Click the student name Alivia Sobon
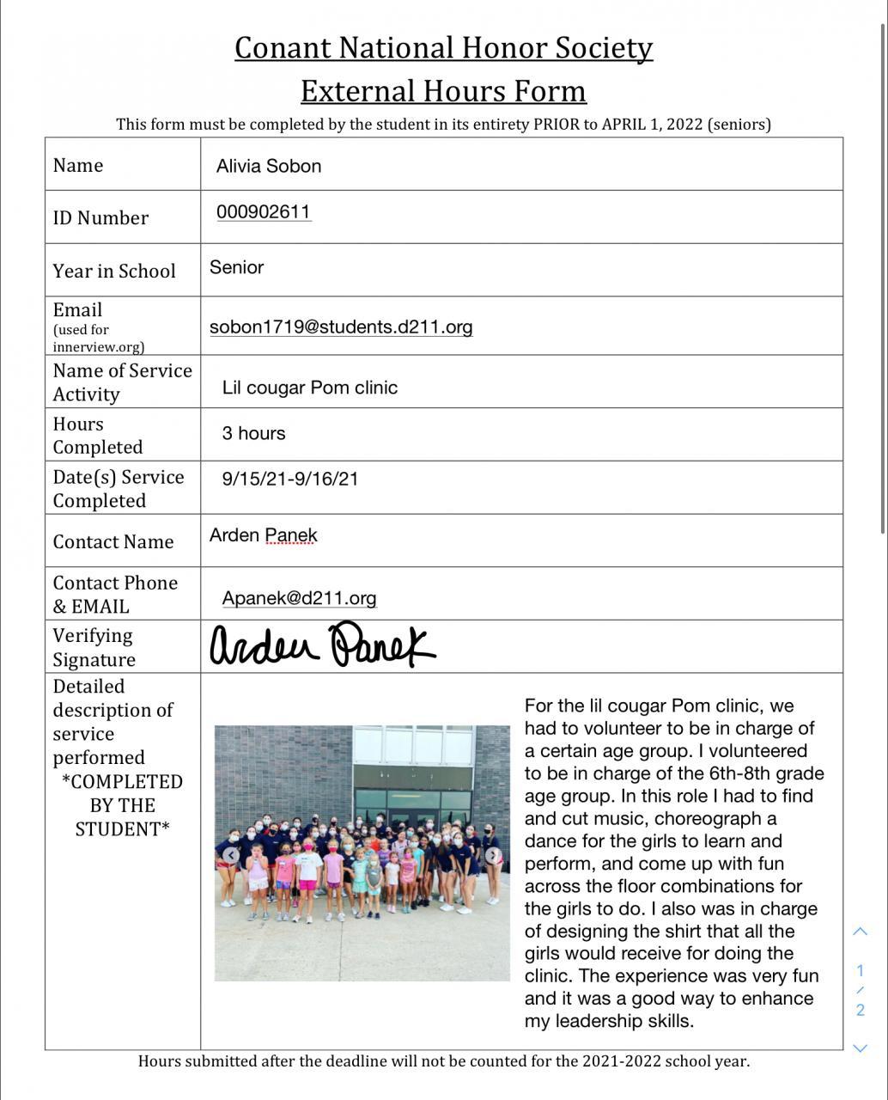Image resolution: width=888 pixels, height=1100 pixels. [x=269, y=167]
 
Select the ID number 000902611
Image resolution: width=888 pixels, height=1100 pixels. [x=264, y=212]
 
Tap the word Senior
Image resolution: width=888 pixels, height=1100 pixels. [x=236, y=267]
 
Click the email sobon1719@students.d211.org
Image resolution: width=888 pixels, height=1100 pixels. [x=341, y=327]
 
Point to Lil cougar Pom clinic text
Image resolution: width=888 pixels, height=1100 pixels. [x=309, y=388]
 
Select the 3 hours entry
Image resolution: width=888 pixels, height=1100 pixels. [x=253, y=433]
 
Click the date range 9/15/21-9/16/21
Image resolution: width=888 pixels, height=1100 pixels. [x=290, y=479]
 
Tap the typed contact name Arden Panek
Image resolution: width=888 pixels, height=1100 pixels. [x=263, y=535]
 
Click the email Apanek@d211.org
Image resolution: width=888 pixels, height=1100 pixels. [x=299, y=598]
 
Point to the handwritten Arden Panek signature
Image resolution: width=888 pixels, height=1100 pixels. [x=322, y=645]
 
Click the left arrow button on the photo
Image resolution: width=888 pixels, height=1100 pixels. [x=232, y=855]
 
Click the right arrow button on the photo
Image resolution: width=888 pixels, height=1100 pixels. [x=493, y=855]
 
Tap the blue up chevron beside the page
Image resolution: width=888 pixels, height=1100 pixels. [x=860, y=932]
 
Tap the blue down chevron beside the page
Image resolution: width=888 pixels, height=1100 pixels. [x=860, y=1048]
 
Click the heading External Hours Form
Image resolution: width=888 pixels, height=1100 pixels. [x=443, y=90]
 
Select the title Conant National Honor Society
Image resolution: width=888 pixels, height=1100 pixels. [x=443, y=47]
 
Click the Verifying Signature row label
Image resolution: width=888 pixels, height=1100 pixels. [x=94, y=647]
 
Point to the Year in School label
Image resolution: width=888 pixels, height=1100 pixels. [x=114, y=271]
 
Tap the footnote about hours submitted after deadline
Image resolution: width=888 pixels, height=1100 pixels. [x=443, y=1061]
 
